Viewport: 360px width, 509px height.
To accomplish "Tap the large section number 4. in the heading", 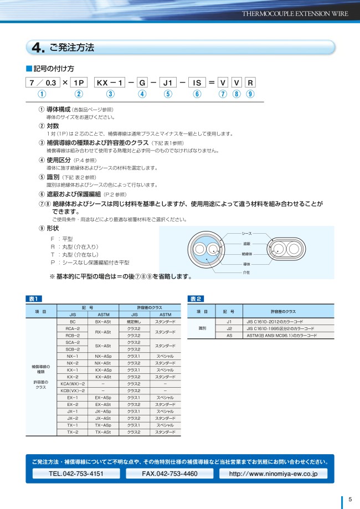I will click(x=39, y=48).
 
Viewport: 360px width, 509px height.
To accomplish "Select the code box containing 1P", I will click(x=78, y=83).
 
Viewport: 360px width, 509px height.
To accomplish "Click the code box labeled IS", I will click(x=197, y=83).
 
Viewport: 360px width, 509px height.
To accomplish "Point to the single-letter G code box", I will click(x=142, y=83).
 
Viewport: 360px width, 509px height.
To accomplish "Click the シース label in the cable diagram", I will click(x=247, y=234).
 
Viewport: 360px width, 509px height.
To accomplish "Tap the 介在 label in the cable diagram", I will click(x=246, y=273).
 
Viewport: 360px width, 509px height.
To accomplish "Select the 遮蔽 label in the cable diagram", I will click(x=247, y=244).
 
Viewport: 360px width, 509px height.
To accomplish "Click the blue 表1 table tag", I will click(x=33, y=299).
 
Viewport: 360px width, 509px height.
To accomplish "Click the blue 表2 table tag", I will click(x=196, y=299).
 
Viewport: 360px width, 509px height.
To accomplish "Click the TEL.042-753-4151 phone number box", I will click(x=76, y=474).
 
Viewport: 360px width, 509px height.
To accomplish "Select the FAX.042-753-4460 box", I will click(x=169, y=474).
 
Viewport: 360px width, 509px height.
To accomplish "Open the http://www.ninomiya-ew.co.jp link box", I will click(x=272, y=474).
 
